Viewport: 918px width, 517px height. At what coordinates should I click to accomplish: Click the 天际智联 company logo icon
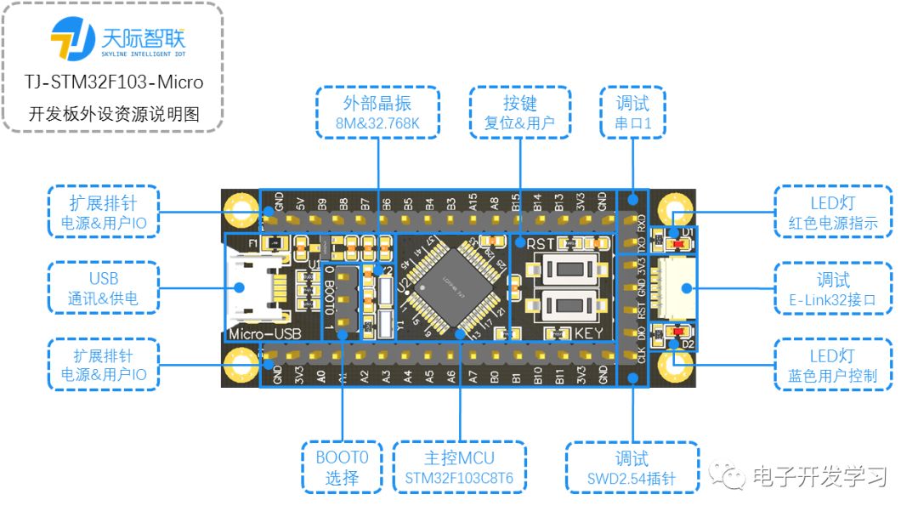click(x=73, y=39)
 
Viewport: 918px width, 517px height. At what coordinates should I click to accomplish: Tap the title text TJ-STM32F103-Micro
click(x=114, y=82)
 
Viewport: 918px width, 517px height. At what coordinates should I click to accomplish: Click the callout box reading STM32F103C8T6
click(x=460, y=467)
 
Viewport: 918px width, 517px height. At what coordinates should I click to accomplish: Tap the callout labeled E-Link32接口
click(x=833, y=289)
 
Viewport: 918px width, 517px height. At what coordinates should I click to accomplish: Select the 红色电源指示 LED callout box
click(x=833, y=213)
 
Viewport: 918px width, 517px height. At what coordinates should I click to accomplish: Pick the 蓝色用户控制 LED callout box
click(x=833, y=365)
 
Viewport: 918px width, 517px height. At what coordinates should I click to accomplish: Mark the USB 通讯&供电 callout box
click(x=104, y=289)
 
